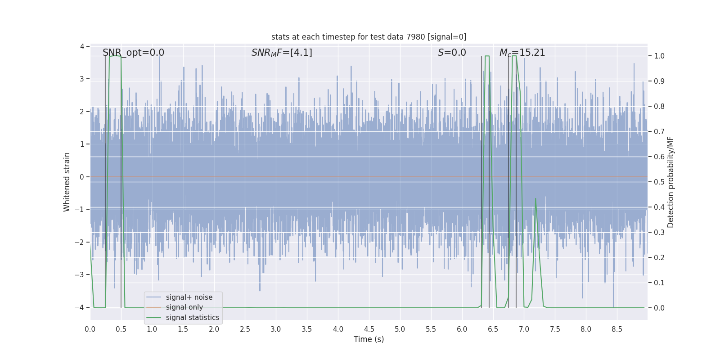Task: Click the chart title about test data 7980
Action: pyautogui.click(x=369, y=37)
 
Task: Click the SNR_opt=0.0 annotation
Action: pyautogui.click(x=133, y=53)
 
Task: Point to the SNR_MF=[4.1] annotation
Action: pyautogui.click(x=282, y=53)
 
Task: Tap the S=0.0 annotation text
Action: pyautogui.click(x=452, y=53)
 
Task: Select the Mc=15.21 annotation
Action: pyautogui.click(x=522, y=53)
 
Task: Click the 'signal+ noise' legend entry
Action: pyautogui.click(x=189, y=297)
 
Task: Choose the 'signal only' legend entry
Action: pyautogui.click(x=184, y=307)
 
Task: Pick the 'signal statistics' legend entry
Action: pyautogui.click(x=192, y=318)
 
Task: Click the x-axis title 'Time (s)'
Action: pyautogui.click(x=369, y=339)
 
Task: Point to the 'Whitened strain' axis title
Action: pyautogui.click(x=67, y=182)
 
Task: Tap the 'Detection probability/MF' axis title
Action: pyautogui.click(x=670, y=182)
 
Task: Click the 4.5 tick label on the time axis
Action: pyautogui.click(x=369, y=329)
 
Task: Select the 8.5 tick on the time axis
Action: pyautogui.click(x=617, y=329)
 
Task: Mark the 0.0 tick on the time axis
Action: pyautogui.click(x=90, y=329)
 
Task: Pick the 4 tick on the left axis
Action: pyautogui.click(x=82, y=46)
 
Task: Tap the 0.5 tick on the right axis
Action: pyautogui.click(x=659, y=182)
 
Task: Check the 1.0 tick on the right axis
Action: pyautogui.click(x=659, y=56)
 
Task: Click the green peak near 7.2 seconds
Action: pyautogui.click(x=535, y=198)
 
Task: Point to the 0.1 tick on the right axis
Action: pyautogui.click(x=659, y=283)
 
